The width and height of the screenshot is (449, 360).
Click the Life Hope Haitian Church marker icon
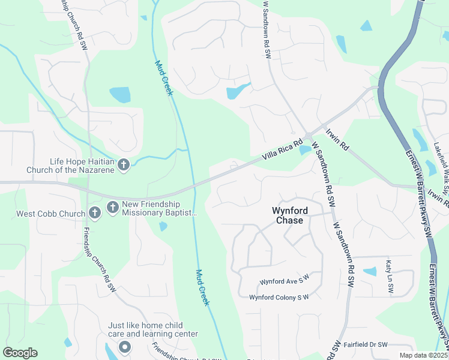(x=124, y=164)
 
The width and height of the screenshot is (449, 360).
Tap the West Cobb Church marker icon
(x=94, y=212)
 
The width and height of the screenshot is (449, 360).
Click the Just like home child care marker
(x=125, y=347)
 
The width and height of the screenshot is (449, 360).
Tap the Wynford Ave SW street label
(x=283, y=281)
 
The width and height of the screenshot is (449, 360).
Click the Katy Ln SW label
(x=390, y=277)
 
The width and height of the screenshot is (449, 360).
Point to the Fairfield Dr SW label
(x=367, y=344)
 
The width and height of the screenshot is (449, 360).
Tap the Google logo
(x=20, y=353)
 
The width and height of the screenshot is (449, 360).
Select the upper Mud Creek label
(x=163, y=78)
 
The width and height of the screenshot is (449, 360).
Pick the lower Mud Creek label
(x=202, y=287)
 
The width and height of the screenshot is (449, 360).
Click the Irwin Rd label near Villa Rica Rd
(x=337, y=139)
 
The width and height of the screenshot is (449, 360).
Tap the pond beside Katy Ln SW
(x=370, y=271)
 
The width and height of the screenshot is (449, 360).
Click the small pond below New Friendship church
(x=163, y=226)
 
